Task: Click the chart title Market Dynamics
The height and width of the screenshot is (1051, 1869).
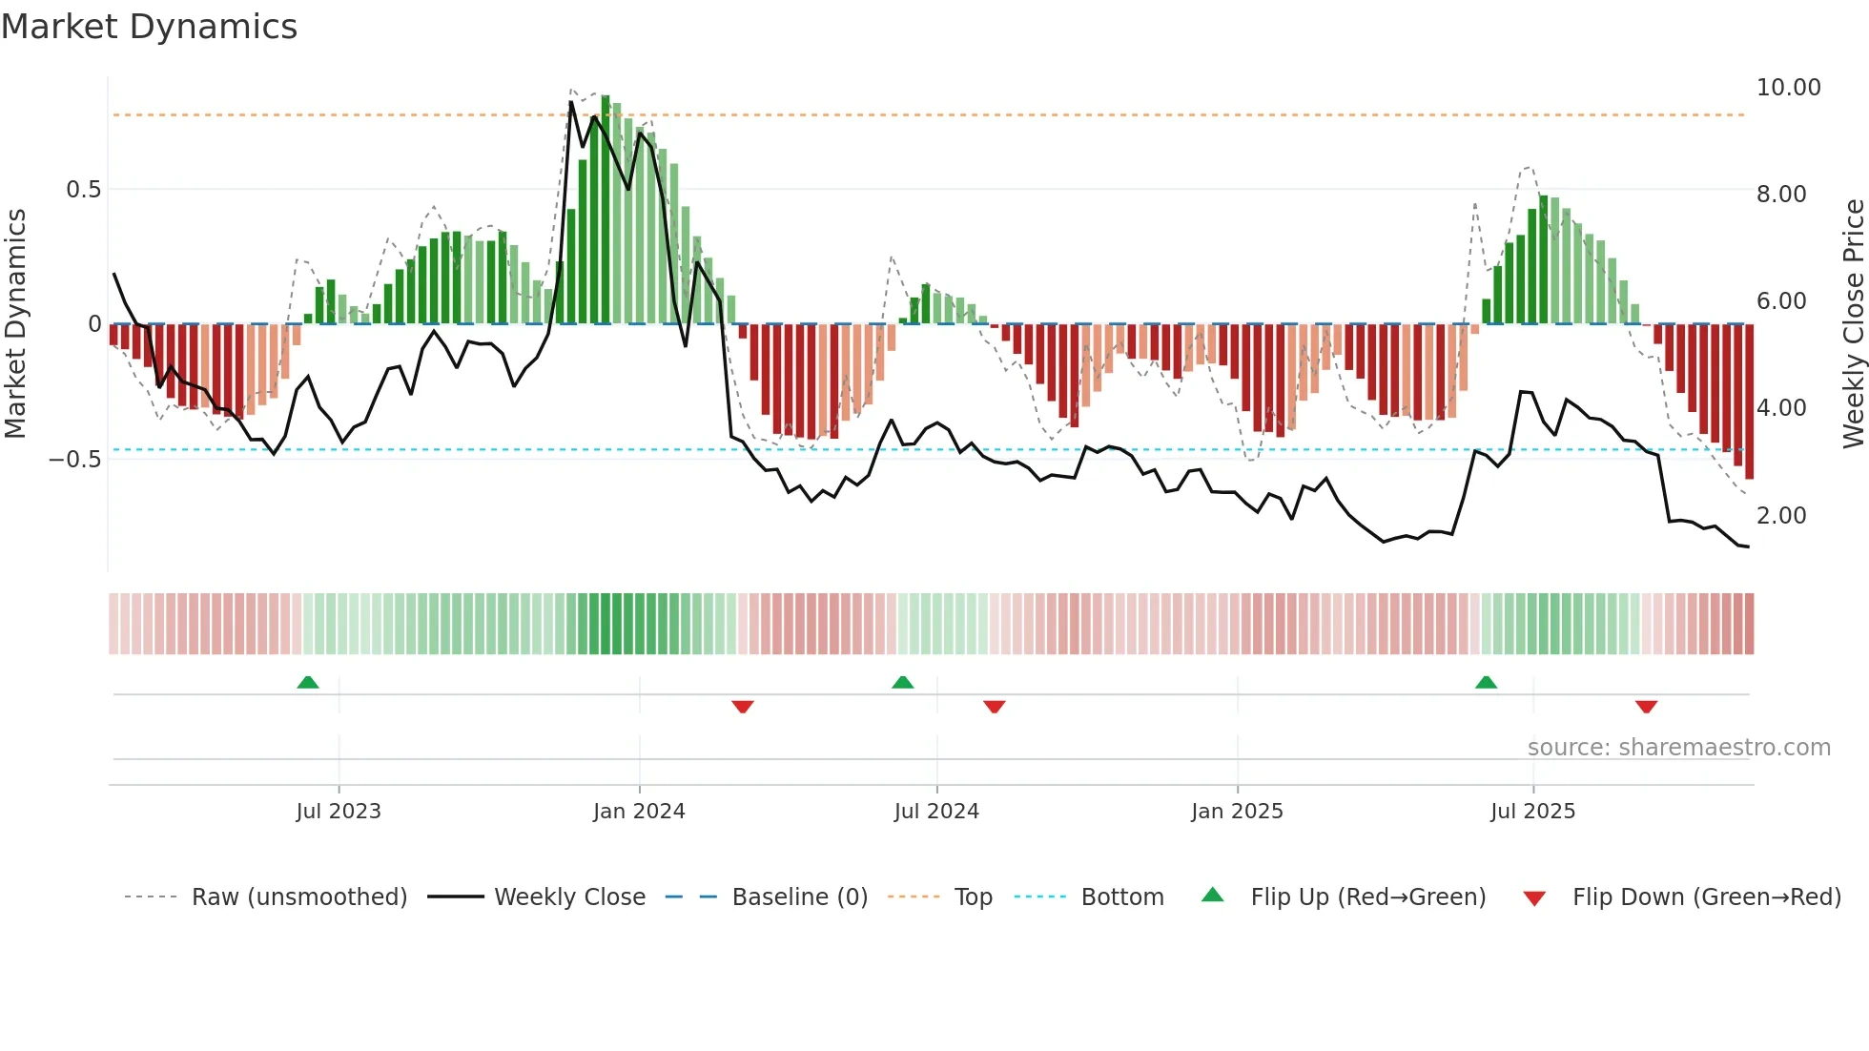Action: click(x=150, y=27)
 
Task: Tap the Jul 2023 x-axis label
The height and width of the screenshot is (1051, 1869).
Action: click(x=339, y=812)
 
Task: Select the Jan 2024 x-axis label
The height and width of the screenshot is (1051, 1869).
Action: click(x=639, y=812)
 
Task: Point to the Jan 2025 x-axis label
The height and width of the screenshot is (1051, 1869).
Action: click(x=1237, y=812)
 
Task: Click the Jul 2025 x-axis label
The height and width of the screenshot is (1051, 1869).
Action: click(x=1532, y=812)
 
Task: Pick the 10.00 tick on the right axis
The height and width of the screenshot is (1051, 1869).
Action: click(x=1788, y=88)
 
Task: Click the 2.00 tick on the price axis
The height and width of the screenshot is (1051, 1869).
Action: click(x=1781, y=516)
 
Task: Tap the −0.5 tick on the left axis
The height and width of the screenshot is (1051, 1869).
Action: click(x=74, y=460)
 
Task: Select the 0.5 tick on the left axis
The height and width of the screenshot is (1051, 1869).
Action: click(x=83, y=190)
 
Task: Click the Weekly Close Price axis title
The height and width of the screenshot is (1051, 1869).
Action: click(x=1853, y=324)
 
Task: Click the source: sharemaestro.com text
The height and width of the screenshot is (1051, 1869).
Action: click(x=1678, y=748)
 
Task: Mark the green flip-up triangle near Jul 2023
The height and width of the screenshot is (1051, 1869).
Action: click(x=308, y=683)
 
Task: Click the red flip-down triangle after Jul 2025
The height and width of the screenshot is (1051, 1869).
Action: click(x=1646, y=707)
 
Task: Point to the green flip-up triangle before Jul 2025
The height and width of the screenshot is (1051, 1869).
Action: click(x=1486, y=683)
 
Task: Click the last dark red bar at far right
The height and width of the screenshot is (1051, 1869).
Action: click(x=1749, y=401)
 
